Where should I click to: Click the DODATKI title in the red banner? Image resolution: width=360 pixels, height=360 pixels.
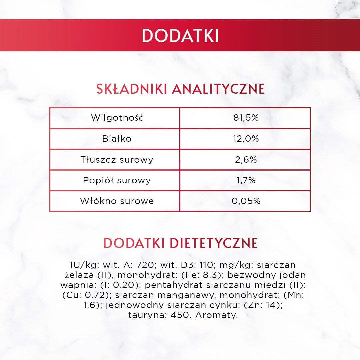click(180, 36)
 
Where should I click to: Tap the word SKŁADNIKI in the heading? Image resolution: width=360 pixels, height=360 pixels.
click(131, 89)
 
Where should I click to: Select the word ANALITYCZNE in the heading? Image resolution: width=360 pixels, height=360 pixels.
click(218, 89)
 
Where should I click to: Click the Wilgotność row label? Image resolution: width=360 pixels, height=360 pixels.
click(117, 118)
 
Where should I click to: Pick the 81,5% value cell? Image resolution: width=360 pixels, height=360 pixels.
click(246, 118)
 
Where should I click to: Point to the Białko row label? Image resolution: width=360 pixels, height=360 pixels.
click(117, 139)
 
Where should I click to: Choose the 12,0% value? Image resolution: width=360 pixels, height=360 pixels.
click(246, 139)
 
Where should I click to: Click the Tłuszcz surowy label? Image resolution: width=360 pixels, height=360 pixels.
click(117, 160)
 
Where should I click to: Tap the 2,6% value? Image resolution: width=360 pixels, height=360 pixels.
click(246, 160)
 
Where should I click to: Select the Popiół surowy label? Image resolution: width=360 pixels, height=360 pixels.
click(117, 180)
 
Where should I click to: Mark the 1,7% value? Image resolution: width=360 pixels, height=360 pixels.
click(246, 180)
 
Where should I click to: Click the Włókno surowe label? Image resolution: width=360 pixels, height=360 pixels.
click(117, 201)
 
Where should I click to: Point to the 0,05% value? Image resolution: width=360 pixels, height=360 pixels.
click(246, 201)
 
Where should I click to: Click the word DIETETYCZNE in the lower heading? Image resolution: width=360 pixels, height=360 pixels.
click(214, 243)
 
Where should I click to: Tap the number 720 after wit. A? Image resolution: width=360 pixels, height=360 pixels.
click(145, 265)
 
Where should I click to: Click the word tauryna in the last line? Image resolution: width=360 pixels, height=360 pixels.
click(147, 315)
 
